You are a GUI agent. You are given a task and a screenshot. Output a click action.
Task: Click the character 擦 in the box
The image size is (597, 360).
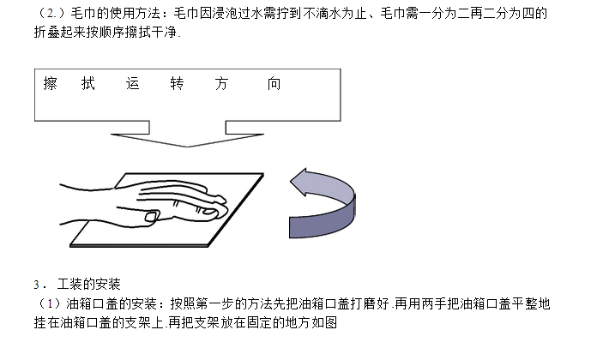pyautogui.click(x=51, y=85)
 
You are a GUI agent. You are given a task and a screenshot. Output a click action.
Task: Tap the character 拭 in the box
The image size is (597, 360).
pyautogui.click(x=88, y=85)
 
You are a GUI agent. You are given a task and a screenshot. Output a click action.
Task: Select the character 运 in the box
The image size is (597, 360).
pyautogui.click(x=132, y=85)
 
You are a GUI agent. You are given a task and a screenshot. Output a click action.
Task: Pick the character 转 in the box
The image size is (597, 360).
pyautogui.click(x=178, y=85)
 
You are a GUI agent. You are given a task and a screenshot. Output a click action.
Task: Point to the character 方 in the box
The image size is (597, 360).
pyautogui.click(x=222, y=85)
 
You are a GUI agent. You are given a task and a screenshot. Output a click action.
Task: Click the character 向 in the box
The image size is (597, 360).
pyautogui.click(x=274, y=85)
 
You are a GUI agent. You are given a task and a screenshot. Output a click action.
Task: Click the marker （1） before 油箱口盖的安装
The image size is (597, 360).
pyautogui.click(x=42, y=304)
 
